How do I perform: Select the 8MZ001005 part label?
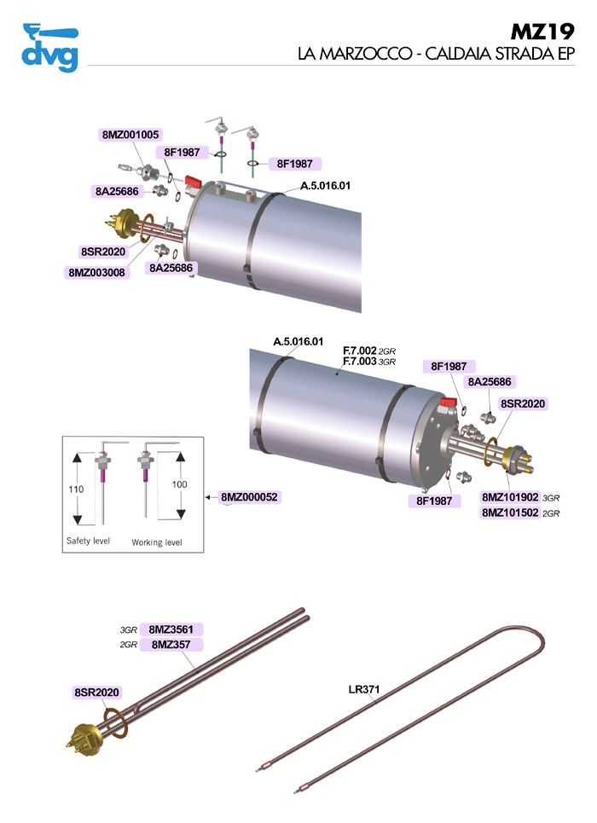(x=130, y=135)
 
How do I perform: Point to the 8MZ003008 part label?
(x=95, y=273)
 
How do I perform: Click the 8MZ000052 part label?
(x=250, y=496)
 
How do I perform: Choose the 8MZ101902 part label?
(x=510, y=497)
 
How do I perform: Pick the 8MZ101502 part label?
(x=510, y=513)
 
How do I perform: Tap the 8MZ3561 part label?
(x=171, y=629)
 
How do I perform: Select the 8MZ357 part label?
(x=171, y=645)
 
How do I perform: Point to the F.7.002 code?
(x=359, y=351)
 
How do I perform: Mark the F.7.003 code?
(x=359, y=362)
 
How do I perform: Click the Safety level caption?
(x=88, y=542)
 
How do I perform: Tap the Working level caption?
(x=156, y=542)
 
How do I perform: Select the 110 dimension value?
(x=77, y=490)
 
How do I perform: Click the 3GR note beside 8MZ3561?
(x=129, y=630)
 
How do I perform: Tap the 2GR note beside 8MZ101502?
(x=551, y=514)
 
